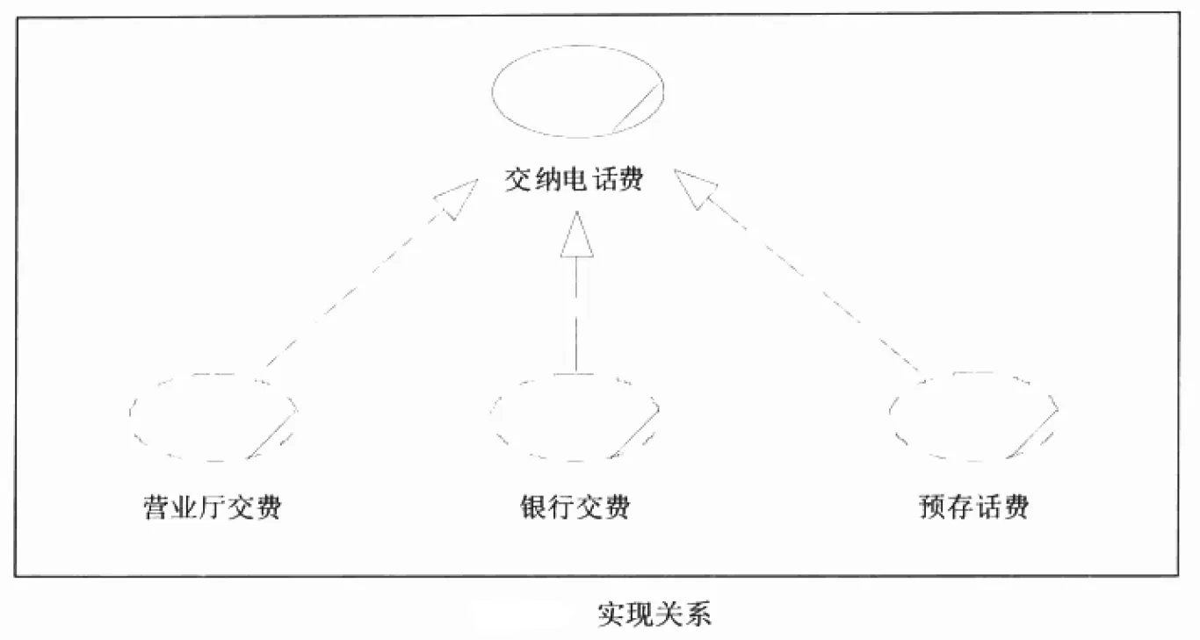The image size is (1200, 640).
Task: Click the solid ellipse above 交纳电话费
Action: click(577, 91)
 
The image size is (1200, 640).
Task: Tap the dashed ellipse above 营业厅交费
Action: click(213, 416)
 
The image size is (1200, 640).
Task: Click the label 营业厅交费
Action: click(213, 507)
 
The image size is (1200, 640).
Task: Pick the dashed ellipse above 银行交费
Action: click(575, 418)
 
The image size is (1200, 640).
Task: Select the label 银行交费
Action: click(575, 507)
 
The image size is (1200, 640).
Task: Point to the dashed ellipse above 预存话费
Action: click(973, 415)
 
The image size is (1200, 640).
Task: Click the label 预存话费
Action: click(973, 507)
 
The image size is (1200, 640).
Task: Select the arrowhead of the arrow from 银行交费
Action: click(576, 234)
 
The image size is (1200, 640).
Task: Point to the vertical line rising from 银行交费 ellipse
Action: click(576, 316)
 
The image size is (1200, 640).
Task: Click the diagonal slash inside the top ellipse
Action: click(636, 107)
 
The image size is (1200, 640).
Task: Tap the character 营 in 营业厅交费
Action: click(157, 507)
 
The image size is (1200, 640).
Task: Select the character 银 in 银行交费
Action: click(533, 507)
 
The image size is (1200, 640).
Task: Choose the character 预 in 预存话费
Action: click(932, 507)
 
